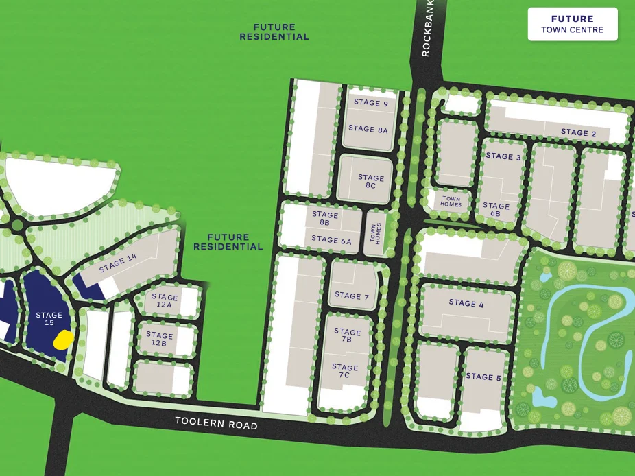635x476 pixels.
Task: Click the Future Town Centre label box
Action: click(572, 24)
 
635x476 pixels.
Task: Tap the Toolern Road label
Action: click(216, 423)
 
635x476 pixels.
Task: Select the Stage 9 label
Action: click(370, 103)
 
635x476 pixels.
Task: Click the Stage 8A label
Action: click(368, 128)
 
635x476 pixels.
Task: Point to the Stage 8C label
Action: click(371, 182)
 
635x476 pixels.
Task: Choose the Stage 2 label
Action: click(578, 132)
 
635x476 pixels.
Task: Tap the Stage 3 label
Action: click(503, 156)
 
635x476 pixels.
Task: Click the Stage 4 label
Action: click(466, 302)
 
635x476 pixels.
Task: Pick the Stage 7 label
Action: click(352, 296)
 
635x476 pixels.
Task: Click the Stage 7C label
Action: click(345, 371)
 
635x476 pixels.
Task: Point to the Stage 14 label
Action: click(117, 263)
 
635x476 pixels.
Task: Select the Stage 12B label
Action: click(159, 339)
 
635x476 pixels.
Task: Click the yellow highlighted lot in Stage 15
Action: click(64, 339)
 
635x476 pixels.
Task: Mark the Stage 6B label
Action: click(496, 209)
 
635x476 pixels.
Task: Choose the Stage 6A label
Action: click(331, 240)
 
